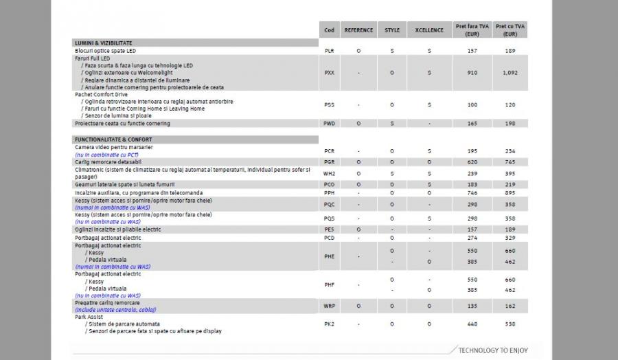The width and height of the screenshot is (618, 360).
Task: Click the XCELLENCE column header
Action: [x=429, y=30]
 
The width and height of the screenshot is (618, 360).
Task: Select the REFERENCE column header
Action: [x=358, y=30]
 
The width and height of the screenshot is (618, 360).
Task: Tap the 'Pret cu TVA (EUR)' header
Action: [x=510, y=30]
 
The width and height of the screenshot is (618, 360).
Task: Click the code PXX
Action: [x=329, y=72]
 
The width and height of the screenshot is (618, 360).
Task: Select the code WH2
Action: [x=329, y=174]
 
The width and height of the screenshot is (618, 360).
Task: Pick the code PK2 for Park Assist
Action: [x=329, y=324]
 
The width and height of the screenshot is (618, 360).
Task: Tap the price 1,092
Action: [x=510, y=72]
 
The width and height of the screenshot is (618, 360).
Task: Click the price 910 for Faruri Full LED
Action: [x=472, y=72]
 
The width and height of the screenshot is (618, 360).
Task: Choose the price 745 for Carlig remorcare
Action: [x=510, y=161]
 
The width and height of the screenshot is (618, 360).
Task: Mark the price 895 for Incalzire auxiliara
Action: [x=510, y=194]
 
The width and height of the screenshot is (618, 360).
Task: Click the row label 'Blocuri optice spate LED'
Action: [x=105, y=51]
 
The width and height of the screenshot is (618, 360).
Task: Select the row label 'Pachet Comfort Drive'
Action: [x=102, y=95]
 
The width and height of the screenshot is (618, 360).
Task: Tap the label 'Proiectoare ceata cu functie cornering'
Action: [x=122, y=124]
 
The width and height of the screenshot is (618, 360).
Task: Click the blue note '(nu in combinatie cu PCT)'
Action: [x=103, y=155]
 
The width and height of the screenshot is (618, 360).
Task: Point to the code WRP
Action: [x=329, y=306]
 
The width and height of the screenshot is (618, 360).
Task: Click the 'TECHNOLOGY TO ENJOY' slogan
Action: [x=493, y=350]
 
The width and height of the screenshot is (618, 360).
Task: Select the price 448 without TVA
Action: [x=472, y=324]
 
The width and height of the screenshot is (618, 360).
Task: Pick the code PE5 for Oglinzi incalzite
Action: [x=329, y=229]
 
